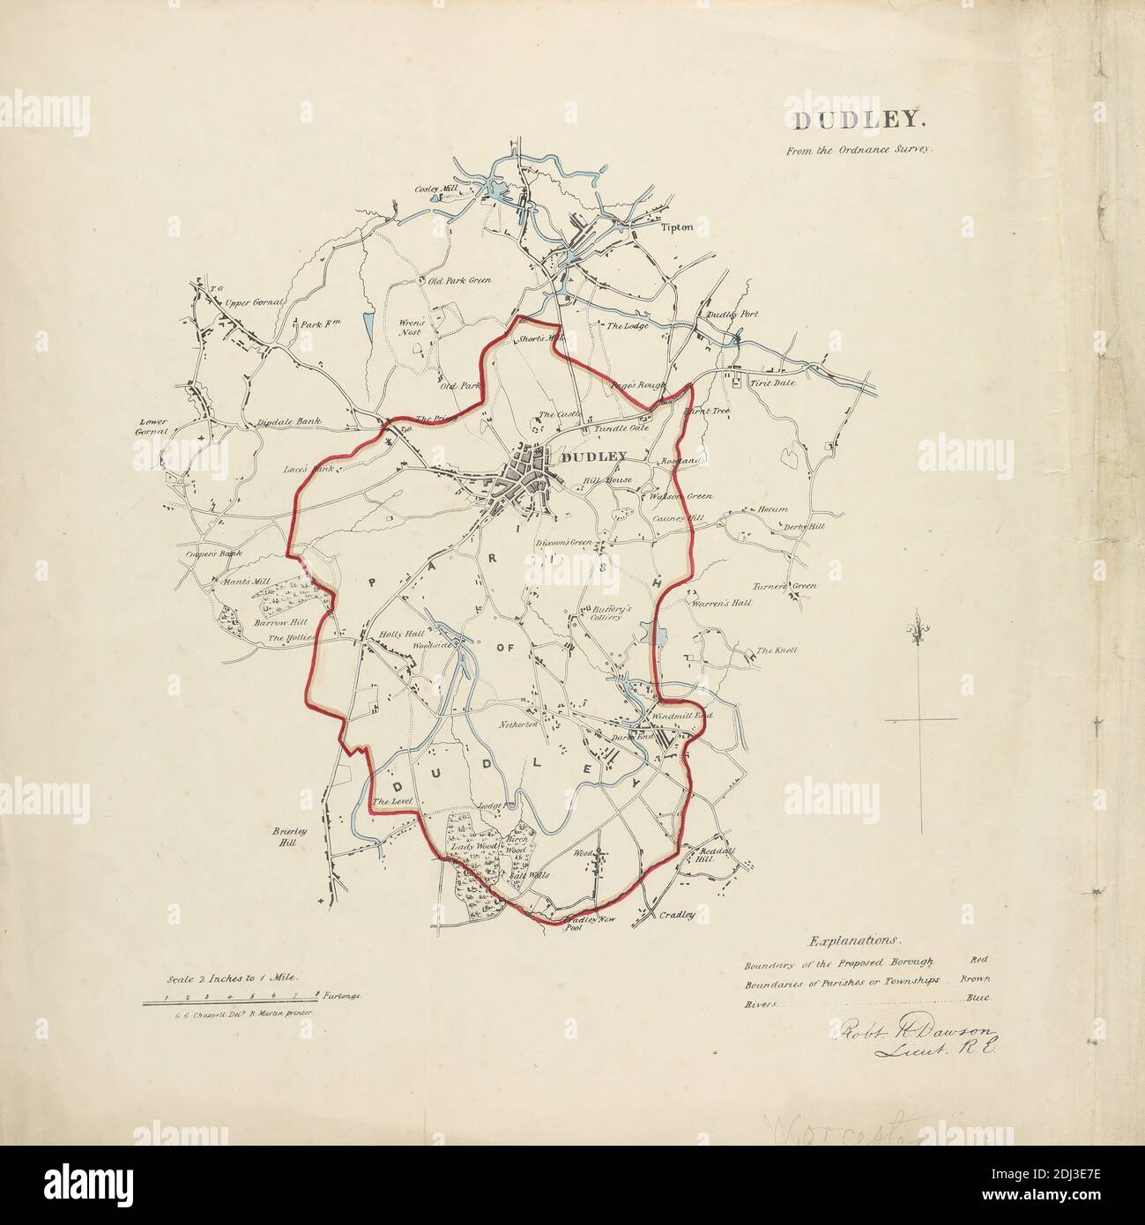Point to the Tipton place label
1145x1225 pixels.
(x=677, y=227)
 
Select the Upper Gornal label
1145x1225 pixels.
(x=254, y=302)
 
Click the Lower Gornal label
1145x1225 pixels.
(x=152, y=427)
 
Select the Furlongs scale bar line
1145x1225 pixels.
(x=230, y=1002)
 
